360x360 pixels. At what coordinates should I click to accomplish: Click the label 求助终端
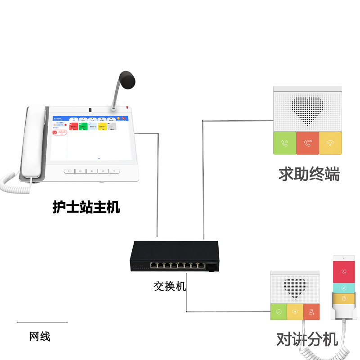click(x=309, y=174)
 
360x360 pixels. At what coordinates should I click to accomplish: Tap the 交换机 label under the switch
click(x=170, y=286)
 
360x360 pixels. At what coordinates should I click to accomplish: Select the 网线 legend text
click(x=40, y=336)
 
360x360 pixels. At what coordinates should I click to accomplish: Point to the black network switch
click(x=175, y=257)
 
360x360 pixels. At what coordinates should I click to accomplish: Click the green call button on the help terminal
click(x=284, y=144)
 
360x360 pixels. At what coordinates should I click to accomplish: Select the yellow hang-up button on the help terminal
click(x=331, y=144)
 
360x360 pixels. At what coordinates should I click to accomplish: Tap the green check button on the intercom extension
click(x=279, y=312)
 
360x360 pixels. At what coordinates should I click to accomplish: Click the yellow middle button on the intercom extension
click(x=295, y=312)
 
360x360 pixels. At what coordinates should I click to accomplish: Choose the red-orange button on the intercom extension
click(x=311, y=312)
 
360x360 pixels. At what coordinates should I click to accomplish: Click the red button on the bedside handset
click(x=344, y=272)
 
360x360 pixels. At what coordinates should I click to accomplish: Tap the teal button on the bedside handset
click(x=344, y=288)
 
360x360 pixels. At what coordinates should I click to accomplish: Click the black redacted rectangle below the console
click(x=86, y=207)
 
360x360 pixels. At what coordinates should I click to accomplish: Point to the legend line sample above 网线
click(x=42, y=322)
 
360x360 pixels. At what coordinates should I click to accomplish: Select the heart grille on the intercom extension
click(x=295, y=288)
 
